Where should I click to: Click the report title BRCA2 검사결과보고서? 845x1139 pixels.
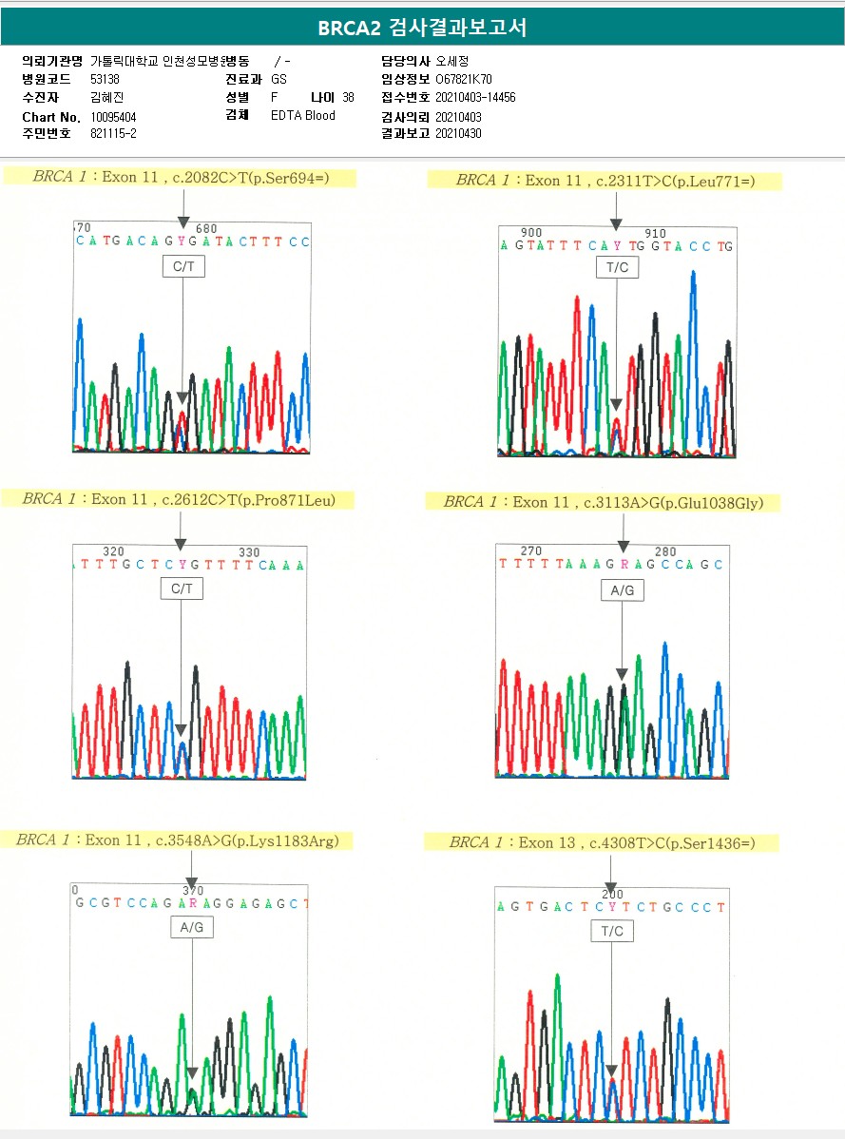coord(422,29)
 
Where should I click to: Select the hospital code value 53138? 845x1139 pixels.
coord(105,79)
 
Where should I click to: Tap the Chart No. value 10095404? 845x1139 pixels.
coord(113,117)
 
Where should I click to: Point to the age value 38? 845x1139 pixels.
coord(348,98)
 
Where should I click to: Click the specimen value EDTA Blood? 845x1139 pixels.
coord(302,116)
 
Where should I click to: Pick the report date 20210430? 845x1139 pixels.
coord(458,134)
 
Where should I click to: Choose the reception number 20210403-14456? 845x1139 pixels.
coord(475,98)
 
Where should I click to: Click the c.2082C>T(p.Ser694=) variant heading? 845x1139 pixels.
coord(181,177)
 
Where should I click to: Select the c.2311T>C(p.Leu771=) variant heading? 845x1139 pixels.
coord(605,181)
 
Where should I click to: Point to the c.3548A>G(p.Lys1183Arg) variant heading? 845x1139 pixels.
coord(177,840)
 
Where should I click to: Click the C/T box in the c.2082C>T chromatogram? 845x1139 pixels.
coord(182,268)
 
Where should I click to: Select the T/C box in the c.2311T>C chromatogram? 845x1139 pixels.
coord(617,268)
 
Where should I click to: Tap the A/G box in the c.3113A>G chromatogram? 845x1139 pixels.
coord(622,590)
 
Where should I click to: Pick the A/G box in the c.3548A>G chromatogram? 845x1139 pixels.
coord(191,927)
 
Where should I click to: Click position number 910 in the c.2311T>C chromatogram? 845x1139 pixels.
coord(655,233)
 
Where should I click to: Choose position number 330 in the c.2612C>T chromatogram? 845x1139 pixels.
coord(249,552)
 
